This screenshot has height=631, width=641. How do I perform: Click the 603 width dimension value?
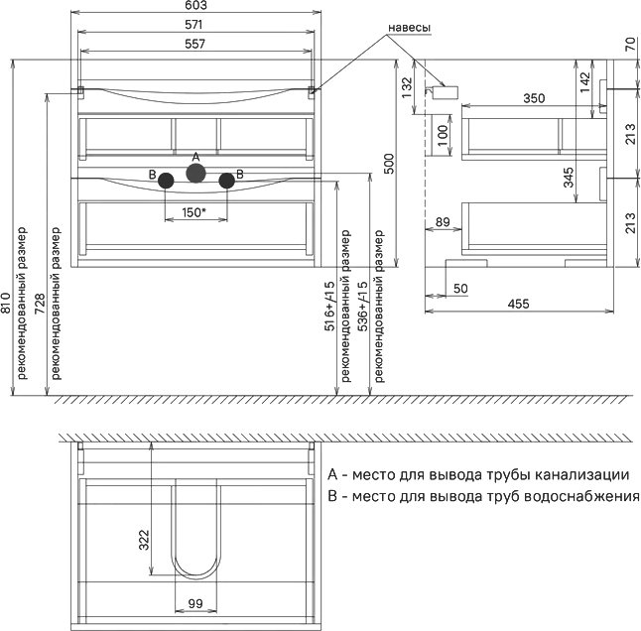(195, 5)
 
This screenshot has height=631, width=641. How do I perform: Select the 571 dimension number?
(193, 25)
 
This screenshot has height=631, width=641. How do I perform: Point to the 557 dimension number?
(194, 44)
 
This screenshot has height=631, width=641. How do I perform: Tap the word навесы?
(409, 28)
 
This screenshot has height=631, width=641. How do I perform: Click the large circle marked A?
(195, 173)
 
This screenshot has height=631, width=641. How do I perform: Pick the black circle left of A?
(166, 181)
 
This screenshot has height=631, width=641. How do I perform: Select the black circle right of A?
(226, 181)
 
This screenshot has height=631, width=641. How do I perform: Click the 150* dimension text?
(193, 212)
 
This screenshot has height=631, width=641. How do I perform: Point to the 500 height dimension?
(389, 164)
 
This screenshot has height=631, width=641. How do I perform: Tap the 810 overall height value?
(6, 303)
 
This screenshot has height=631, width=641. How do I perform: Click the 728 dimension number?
(40, 304)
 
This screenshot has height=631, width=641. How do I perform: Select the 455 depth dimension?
(518, 304)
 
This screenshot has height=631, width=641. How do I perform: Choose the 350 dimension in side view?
(534, 98)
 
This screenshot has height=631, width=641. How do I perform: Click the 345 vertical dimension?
(569, 178)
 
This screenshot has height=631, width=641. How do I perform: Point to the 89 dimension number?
(443, 222)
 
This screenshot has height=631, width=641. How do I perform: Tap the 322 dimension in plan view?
(144, 540)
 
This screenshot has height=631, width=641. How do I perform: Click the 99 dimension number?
(195, 603)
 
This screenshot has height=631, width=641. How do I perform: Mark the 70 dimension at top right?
(630, 44)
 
